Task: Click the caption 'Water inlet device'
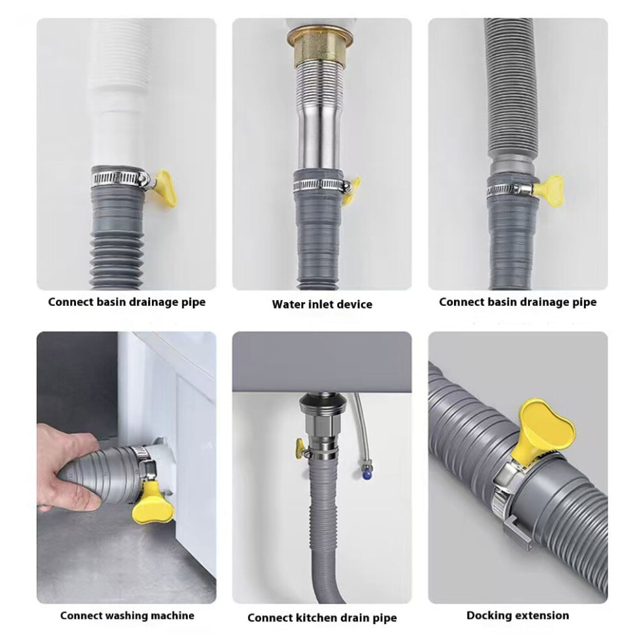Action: [322, 304]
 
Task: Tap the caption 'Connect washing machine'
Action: [127, 615]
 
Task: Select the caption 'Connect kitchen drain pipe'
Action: [322, 618]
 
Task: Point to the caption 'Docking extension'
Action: [518, 615]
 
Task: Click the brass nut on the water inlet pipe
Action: [322, 46]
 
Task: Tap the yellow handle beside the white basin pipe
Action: [165, 188]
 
